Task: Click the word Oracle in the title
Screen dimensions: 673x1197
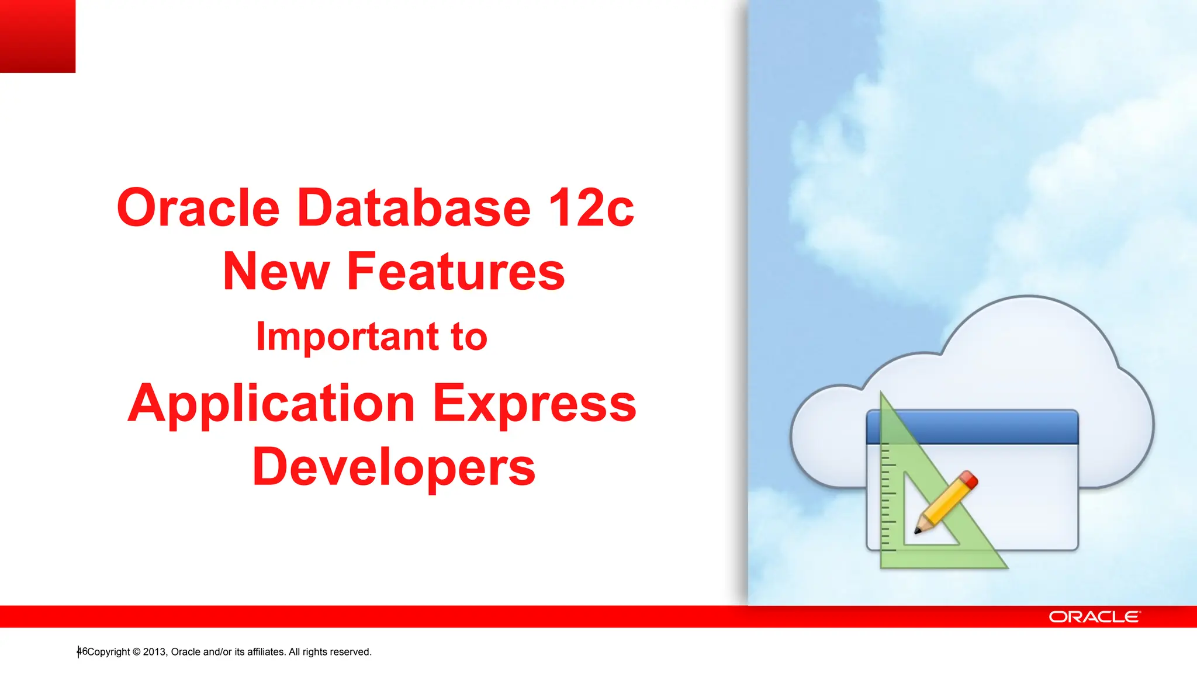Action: click(198, 208)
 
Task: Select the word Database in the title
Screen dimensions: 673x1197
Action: click(414, 208)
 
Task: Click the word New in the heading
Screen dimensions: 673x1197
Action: click(276, 271)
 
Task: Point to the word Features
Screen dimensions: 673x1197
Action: click(456, 271)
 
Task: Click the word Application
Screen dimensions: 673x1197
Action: click(271, 404)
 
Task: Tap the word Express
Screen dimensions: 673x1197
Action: click(534, 404)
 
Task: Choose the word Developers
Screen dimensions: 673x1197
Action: click(393, 467)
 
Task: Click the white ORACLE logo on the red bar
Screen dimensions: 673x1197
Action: click(1094, 617)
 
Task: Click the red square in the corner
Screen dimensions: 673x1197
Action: click(37, 36)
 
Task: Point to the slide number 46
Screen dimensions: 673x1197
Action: click(82, 651)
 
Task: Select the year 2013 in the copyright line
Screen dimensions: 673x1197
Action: click(155, 652)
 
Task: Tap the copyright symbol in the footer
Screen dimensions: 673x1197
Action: click(137, 652)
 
